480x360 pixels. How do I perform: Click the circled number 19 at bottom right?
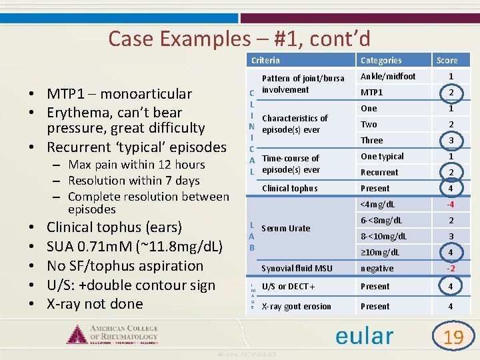point(453,337)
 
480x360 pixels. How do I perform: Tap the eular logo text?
point(364,335)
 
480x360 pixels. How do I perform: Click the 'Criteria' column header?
point(265,61)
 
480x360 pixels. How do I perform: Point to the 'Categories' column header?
point(381,61)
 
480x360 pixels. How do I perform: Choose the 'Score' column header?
point(447,61)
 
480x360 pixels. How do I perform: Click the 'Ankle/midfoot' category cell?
point(388,77)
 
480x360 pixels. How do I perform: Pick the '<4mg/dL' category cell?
point(378,204)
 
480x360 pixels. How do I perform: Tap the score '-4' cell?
point(451,204)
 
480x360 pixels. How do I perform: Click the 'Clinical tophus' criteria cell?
point(290,189)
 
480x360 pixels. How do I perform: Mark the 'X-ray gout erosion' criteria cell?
point(297,307)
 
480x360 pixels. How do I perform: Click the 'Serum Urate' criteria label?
point(286,228)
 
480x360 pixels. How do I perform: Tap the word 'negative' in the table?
point(377,269)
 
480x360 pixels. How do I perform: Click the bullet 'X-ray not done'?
point(95,304)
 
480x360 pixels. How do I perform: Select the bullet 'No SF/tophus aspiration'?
point(125,266)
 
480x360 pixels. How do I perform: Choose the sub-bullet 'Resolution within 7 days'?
point(134,181)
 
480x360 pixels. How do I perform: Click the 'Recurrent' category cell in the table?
point(379,172)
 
